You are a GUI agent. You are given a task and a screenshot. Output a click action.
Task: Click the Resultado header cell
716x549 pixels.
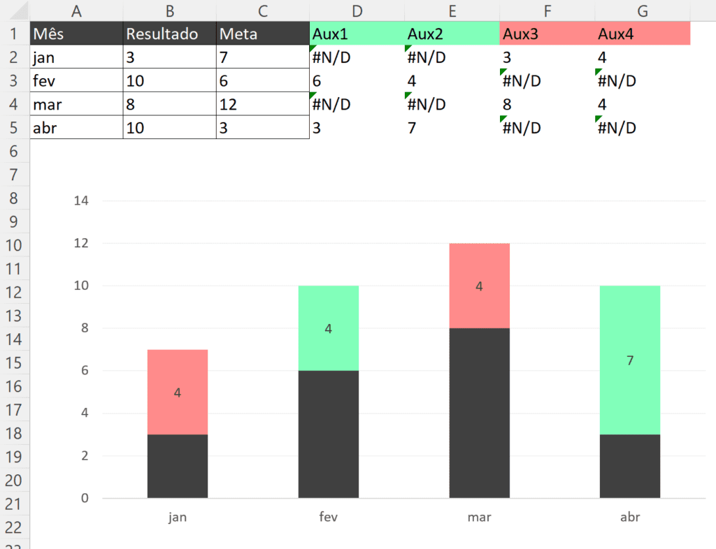[x=169, y=34]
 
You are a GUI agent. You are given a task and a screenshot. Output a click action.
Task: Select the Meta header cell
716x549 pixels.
[x=262, y=34]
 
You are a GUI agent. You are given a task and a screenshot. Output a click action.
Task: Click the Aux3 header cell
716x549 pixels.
[x=547, y=34]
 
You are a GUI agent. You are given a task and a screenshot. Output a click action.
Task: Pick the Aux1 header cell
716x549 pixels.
[x=357, y=34]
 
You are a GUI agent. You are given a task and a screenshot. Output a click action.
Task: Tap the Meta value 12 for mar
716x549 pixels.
[x=262, y=104]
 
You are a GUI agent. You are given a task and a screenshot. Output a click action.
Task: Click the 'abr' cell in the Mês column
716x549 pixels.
[x=76, y=128]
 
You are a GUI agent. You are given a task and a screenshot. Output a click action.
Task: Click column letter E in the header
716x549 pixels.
[x=452, y=10]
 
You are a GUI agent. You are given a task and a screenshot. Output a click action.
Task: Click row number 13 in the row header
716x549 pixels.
[x=15, y=316]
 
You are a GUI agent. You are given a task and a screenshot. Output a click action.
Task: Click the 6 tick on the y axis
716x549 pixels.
[x=85, y=371]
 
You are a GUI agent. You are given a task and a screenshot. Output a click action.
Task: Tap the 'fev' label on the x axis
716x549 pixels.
[x=328, y=518]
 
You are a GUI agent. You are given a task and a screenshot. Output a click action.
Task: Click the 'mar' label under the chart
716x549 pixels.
[x=479, y=518]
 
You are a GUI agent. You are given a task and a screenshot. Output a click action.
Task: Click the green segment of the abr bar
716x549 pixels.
[x=630, y=328]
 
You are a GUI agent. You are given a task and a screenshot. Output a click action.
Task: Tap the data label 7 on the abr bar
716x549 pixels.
[x=630, y=361]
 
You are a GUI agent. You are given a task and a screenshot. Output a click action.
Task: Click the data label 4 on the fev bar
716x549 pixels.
[x=328, y=328]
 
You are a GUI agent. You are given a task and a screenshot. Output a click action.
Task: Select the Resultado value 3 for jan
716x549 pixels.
[x=169, y=57]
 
